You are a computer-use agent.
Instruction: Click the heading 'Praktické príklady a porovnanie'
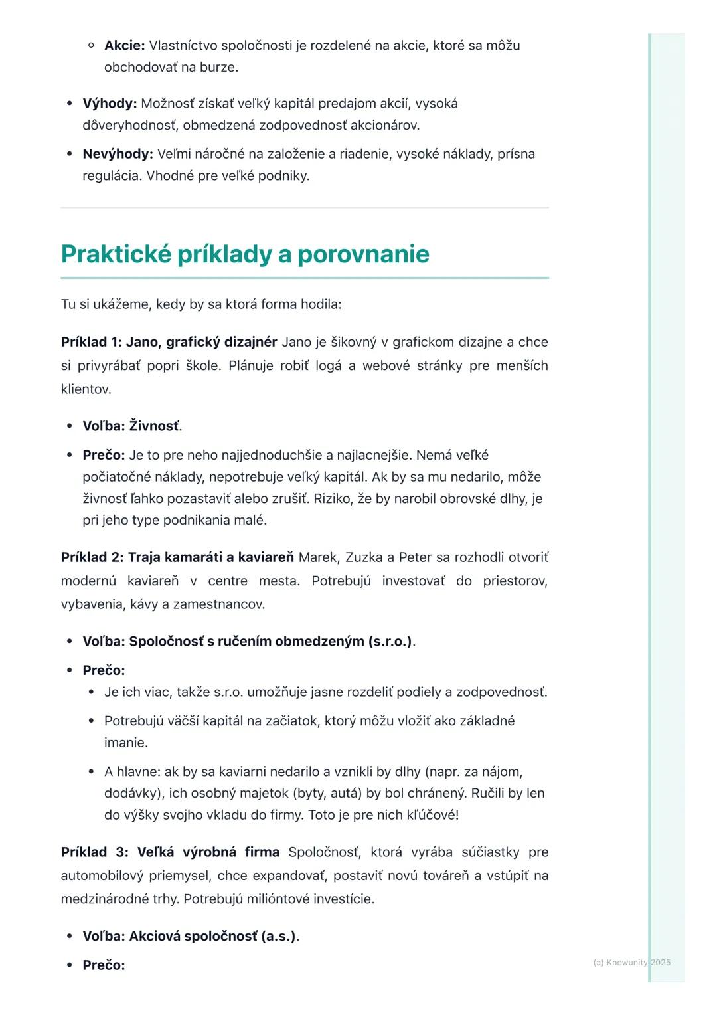[245, 254]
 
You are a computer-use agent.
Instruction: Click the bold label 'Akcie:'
[124, 46]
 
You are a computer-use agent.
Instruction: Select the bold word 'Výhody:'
[110, 104]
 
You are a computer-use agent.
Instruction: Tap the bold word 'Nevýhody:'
[118, 154]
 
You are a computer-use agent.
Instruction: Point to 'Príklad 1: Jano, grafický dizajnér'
[169, 342]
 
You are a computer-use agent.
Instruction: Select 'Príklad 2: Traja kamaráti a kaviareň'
[177, 557]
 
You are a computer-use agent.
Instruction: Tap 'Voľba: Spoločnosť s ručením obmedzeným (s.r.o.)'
[247, 641]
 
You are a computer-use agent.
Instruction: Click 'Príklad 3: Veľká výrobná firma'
[170, 852]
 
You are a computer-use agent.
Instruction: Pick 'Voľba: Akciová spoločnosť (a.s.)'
[189, 936]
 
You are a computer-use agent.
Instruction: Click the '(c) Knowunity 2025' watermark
[631, 962]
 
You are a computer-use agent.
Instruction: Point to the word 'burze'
[217, 67]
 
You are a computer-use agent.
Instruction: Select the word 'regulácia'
[111, 176]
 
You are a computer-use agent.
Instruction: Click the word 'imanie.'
[126, 743]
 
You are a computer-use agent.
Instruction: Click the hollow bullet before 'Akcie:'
[92, 46]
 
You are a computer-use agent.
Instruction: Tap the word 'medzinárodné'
[102, 899]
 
